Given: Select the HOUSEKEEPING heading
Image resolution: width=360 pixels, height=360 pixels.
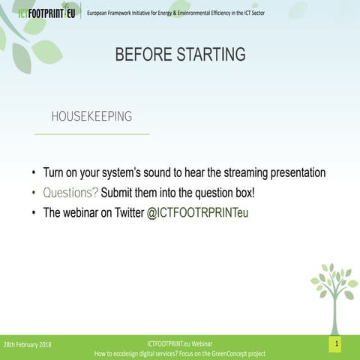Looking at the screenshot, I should coord(91,116).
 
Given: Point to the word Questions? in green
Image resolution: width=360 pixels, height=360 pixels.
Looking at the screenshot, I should coord(70,192).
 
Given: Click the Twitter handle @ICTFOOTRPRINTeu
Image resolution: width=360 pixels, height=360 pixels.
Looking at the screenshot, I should coord(197,212).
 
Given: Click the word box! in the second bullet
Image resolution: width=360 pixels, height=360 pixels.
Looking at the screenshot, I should coord(242,192).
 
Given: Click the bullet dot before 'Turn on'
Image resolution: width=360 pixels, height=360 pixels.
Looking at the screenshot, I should coord(34,173).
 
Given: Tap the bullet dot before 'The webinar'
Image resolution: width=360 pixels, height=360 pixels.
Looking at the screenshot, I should coord(34,213).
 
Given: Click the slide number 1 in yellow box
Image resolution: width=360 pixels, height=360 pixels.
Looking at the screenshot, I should coord(337,343).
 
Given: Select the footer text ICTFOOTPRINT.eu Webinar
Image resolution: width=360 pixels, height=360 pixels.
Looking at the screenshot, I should coord(180,343).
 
